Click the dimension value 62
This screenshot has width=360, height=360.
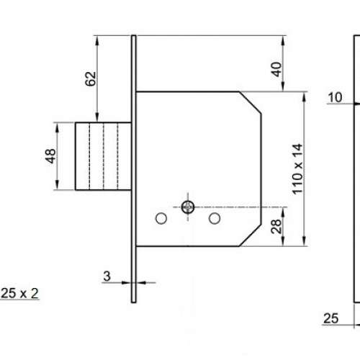pos(91,78)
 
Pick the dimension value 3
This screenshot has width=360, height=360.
pos(106,275)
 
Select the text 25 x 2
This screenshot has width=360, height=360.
pos(20,294)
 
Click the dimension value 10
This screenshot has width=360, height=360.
pos(333,96)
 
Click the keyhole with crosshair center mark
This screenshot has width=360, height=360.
pos(188,207)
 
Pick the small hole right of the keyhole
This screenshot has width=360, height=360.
pos(214,217)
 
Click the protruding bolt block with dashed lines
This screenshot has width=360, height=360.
pos(104,156)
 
